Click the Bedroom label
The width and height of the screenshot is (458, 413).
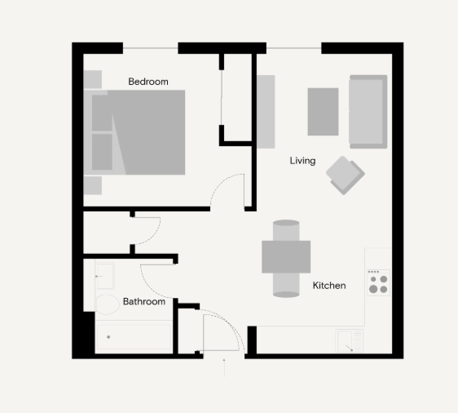click(x=148, y=82)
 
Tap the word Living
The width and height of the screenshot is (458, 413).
click(x=302, y=161)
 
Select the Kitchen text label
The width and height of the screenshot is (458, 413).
click(x=329, y=286)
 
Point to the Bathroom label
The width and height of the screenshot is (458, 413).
click(x=144, y=301)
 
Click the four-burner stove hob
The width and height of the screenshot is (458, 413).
click(x=378, y=282)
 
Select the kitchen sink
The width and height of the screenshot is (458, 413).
click(x=349, y=340)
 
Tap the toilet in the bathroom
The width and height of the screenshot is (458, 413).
click(x=108, y=304)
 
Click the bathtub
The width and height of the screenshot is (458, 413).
click(x=134, y=336)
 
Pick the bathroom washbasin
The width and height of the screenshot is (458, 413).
click(x=104, y=276)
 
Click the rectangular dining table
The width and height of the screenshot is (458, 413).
click(x=286, y=257)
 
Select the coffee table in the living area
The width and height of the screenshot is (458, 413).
click(x=323, y=112)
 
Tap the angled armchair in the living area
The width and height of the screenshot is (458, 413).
click(x=346, y=175)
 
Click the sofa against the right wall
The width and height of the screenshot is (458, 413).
click(x=368, y=112)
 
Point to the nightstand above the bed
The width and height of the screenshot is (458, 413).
click(x=93, y=79)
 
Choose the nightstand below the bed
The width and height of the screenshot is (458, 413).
click(x=93, y=185)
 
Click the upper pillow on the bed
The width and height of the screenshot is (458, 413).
click(x=102, y=113)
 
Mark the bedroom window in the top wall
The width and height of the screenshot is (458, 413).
click(x=151, y=48)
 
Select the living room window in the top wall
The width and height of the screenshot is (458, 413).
click(x=294, y=48)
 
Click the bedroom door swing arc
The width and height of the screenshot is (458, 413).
click(x=221, y=183)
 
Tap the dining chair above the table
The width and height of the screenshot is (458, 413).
click(x=286, y=230)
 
